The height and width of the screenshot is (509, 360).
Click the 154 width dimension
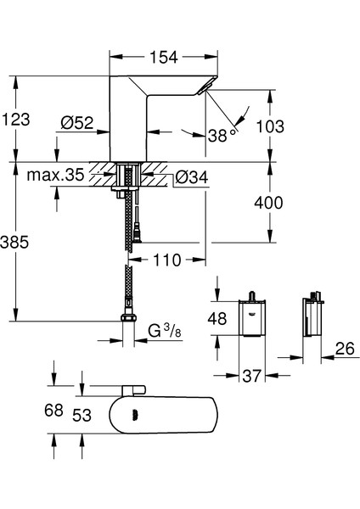point(165,58)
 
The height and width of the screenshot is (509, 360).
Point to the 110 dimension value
point(167,260)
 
